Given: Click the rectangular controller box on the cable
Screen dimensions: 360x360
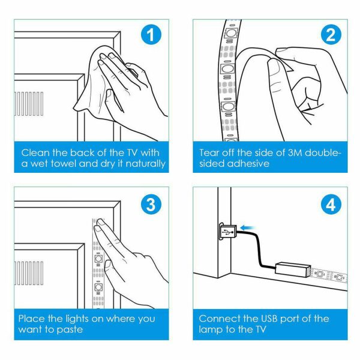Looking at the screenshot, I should pyautogui.click(x=292, y=268).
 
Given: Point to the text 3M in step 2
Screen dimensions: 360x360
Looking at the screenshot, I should pyautogui.click(x=283, y=152).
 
